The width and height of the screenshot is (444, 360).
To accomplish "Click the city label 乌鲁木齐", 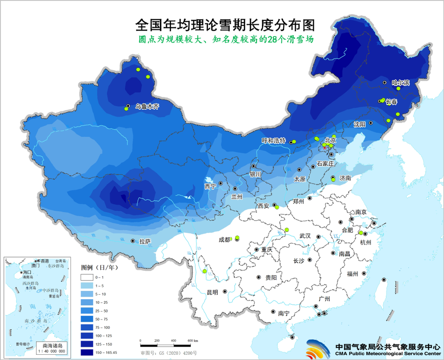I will click(x=147, y=107).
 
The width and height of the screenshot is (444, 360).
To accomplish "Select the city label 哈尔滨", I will click(x=400, y=83).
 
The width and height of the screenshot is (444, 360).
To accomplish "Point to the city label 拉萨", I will click(x=145, y=241).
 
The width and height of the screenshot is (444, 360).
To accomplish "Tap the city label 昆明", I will click(x=212, y=292).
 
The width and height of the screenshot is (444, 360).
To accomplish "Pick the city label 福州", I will click(x=353, y=273).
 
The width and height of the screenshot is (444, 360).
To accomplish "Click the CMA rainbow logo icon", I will click(x=317, y=348).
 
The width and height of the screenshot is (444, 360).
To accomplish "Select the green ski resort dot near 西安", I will click(x=276, y=207).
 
